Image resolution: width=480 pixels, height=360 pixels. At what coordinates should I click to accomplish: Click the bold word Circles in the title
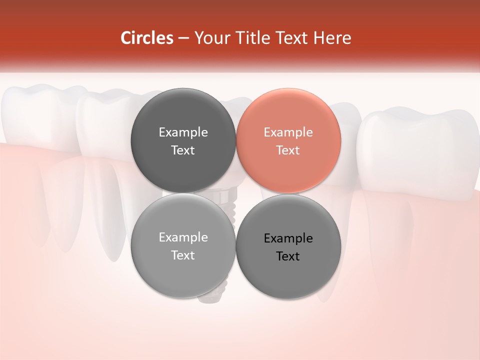147,38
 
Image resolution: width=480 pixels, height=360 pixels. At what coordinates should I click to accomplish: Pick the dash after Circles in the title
183,38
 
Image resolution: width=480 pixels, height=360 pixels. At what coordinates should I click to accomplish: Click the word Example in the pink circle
288,132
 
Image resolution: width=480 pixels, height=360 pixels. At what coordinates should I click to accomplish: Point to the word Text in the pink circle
288,150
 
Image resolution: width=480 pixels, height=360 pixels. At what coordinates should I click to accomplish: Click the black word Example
288,238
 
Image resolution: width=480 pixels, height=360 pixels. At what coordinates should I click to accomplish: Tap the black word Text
288,256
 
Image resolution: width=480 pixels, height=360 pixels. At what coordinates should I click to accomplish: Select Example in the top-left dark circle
183,132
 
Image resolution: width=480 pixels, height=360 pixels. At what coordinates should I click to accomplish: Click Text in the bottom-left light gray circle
183,255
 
